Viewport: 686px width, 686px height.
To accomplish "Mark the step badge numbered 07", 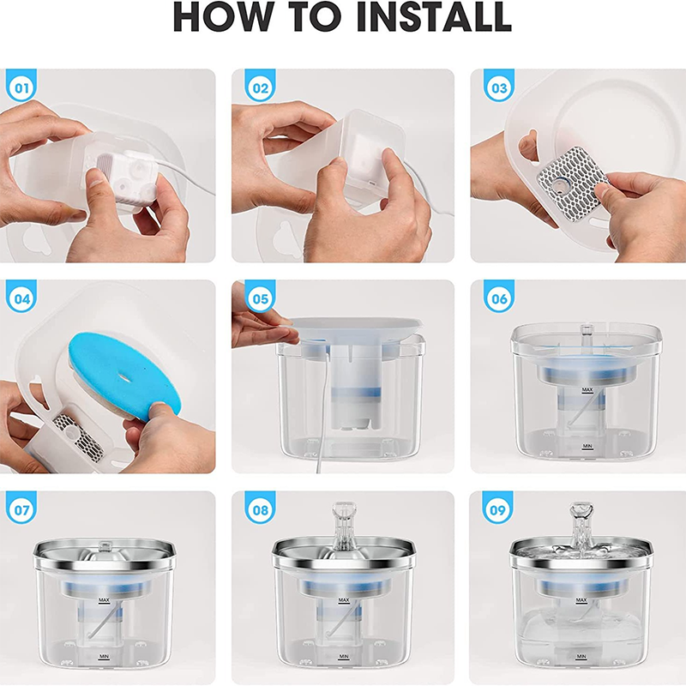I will pos(22,511).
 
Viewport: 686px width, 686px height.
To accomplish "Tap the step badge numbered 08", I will pos(260,511).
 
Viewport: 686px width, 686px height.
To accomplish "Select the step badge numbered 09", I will pos(498,511).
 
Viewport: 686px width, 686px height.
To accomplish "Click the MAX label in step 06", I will pos(587,390).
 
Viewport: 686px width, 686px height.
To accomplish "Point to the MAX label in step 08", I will pos(343,600).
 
